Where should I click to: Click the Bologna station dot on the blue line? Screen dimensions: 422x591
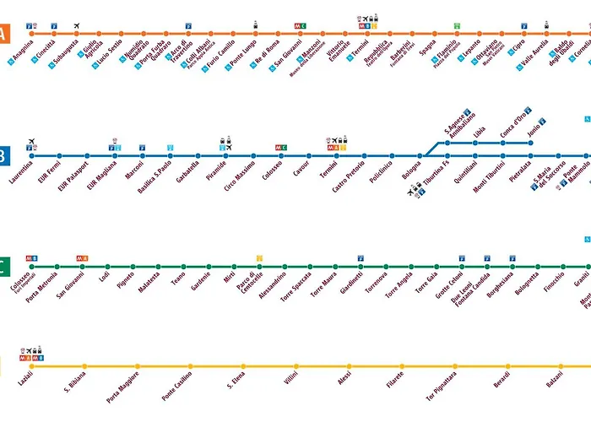pos(420,156)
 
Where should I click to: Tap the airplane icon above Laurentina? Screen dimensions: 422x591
pos(31,141)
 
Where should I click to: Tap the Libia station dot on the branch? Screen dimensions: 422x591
pos(475,143)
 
